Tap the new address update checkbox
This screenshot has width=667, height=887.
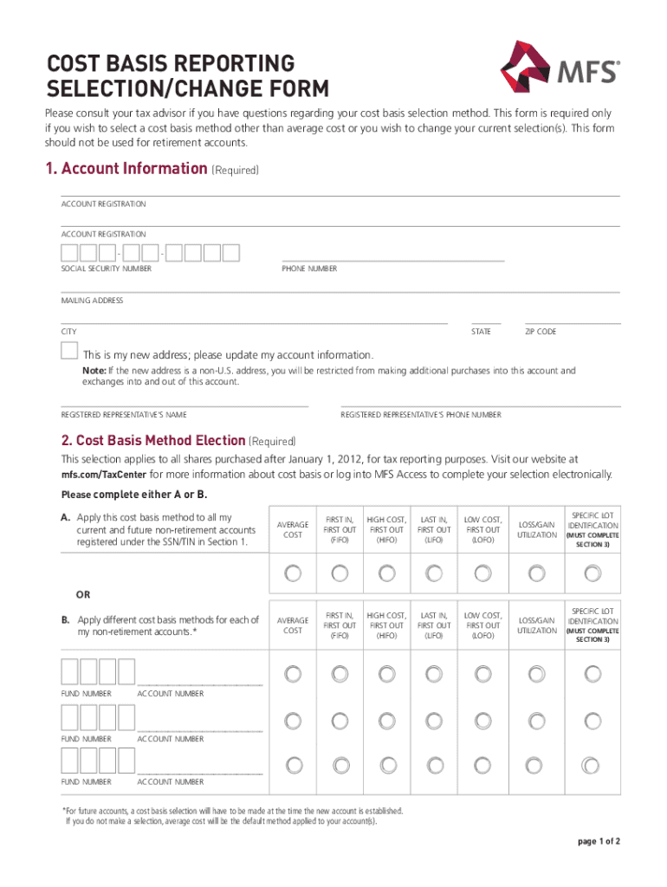(69, 351)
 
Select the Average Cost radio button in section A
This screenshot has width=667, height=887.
(293, 573)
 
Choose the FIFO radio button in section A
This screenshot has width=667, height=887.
(340, 573)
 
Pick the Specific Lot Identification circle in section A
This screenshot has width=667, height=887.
(593, 573)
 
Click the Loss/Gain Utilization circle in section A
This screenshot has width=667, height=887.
(537, 573)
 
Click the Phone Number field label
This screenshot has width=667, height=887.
(309, 269)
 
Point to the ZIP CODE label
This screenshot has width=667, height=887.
(541, 332)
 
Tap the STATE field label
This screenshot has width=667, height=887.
(481, 332)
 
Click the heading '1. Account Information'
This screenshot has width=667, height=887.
(126, 169)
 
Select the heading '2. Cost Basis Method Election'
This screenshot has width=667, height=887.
(153, 440)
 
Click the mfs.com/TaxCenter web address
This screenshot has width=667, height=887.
(104, 475)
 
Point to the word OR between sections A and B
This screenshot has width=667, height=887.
(81, 596)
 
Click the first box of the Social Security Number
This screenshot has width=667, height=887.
(69, 253)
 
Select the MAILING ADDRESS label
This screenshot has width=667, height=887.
(92, 301)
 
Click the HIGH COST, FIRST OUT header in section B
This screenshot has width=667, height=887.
(386, 625)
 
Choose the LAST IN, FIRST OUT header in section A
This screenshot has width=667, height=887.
(434, 529)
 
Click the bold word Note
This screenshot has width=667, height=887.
(94, 371)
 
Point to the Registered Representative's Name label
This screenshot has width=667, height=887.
(123, 415)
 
